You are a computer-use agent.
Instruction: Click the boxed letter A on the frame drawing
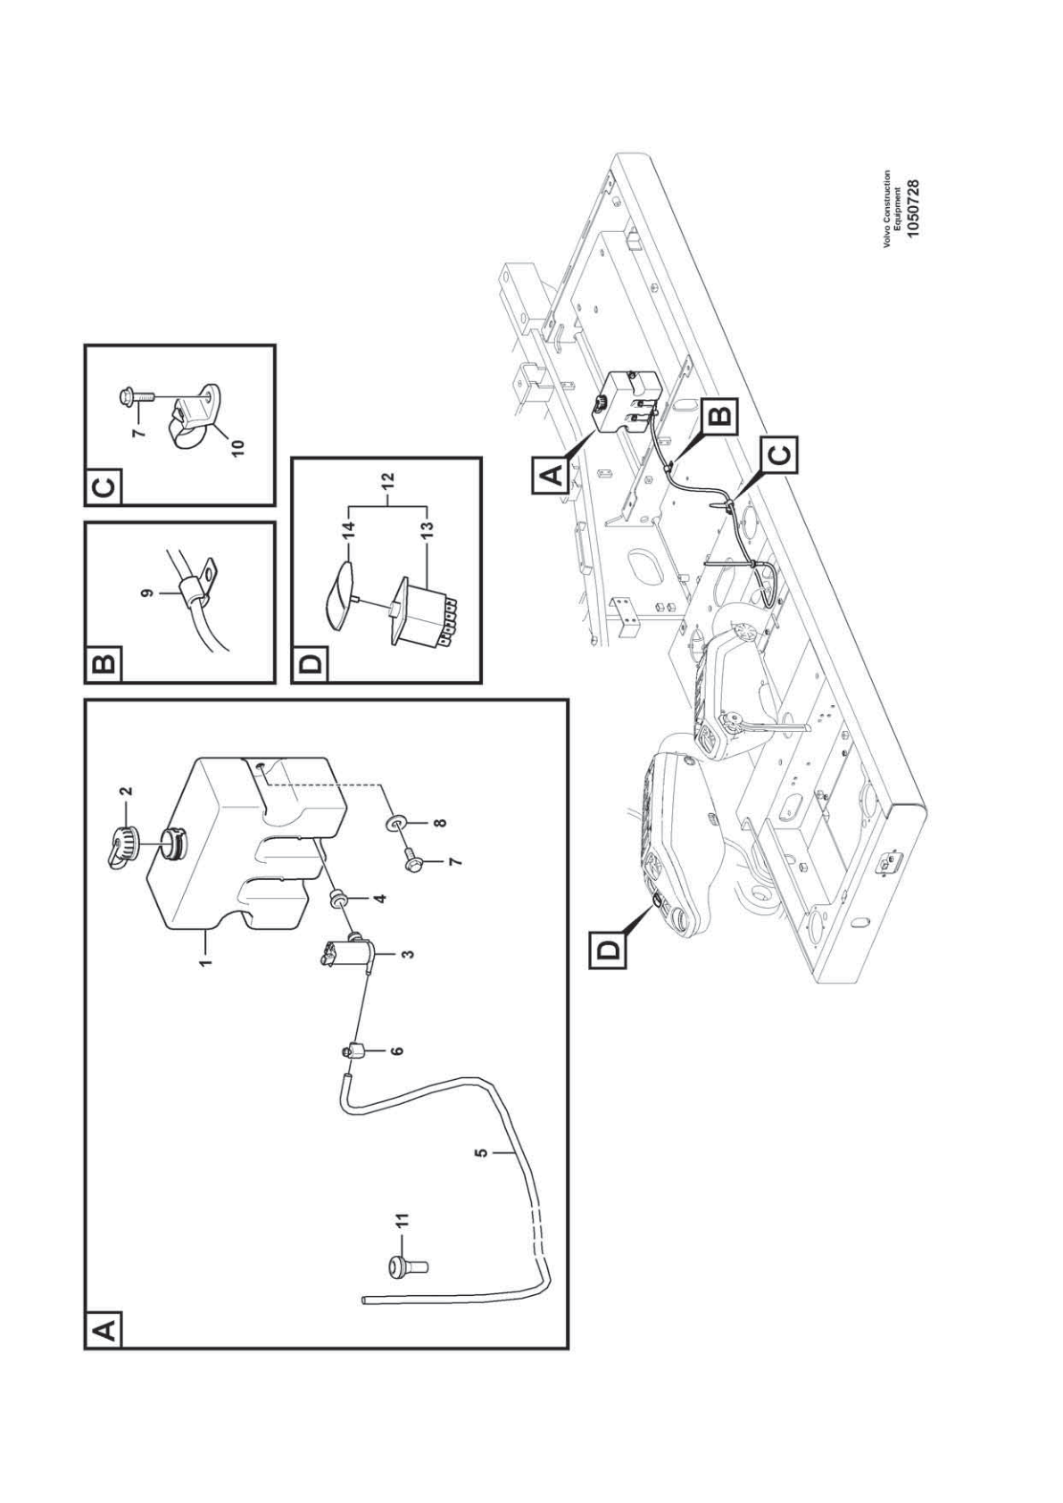pos(552,475)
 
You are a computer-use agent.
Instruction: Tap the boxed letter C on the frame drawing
pos(780,456)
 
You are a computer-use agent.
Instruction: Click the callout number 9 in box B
pos(150,592)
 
